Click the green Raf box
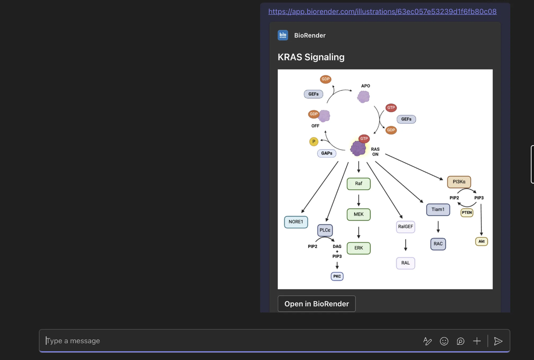click(x=358, y=184)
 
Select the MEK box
click(x=358, y=214)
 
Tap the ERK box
click(x=358, y=248)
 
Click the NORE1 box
click(x=296, y=222)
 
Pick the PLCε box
click(x=325, y=230)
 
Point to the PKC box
click(x=337, y=276)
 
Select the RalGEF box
click(x=405, y=227)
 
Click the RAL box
click(x=405, y=263)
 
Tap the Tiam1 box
click(x=438, y=209)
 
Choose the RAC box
click(x=438, y=244)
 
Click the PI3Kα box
click(x=459, y=182)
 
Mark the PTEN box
click(x=467, y=212)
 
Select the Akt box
click(x=481, y=241)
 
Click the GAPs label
click(x=327, y=153)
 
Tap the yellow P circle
click(x=314, y=142)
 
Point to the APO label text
click(x=366, y=86)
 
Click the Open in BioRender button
click(x=316, y=304)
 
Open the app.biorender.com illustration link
click(x=382, y=12)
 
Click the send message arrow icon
click(x=498, y=341)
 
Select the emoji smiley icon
click(x=444, y=341)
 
